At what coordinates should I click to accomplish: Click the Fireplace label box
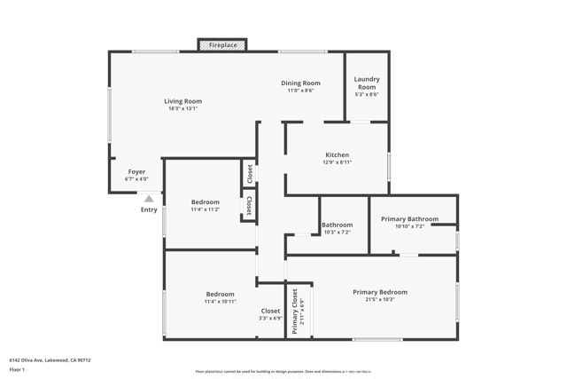222,44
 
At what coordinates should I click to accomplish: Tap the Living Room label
183,100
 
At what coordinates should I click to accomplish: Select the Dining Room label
301,83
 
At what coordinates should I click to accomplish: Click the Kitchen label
337,154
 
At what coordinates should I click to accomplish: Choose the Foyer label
136,171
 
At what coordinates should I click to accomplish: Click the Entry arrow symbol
149,199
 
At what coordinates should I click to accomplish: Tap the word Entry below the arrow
149,209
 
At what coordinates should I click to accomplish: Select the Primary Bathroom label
410,218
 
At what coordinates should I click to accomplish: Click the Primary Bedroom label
380,292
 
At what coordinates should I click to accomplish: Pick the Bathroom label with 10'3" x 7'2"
337,225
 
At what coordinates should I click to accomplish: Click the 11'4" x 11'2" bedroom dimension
206,209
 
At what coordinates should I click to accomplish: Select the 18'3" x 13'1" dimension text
183,108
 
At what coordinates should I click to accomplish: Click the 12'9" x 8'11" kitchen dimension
337,162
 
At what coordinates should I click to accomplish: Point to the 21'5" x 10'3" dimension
380,299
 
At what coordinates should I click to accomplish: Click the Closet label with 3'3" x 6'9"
270,311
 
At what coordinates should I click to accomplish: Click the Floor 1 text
17,369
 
